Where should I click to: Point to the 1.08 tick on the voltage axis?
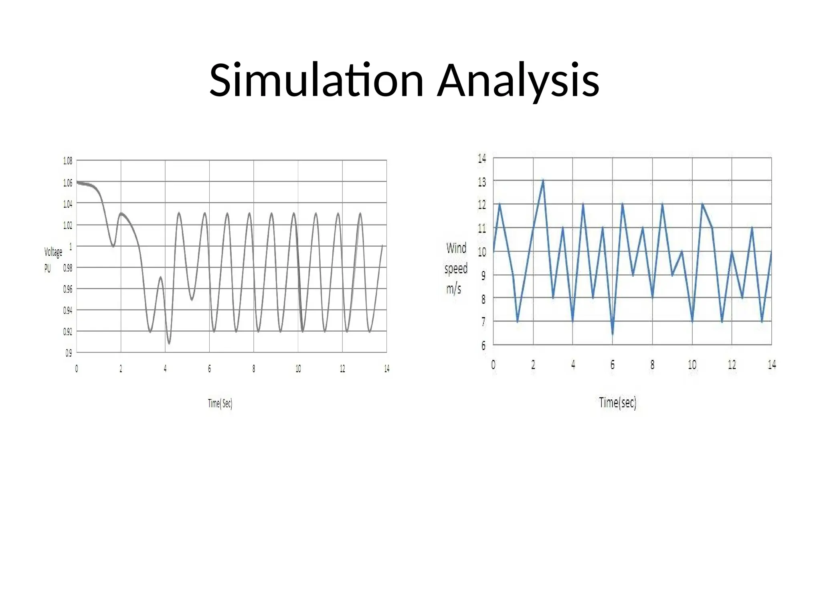[x=68, y=161]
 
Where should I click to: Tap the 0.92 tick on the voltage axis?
[x=68, y=332]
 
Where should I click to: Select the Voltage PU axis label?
[x=53, y=260]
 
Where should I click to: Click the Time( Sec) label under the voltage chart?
[x=220, y=403]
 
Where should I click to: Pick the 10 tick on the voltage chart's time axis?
[x=298, y=369]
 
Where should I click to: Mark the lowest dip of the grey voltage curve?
[x=169, y=344]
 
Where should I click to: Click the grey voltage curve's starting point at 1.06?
[x=77, y=182]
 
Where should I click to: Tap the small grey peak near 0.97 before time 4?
[x=160, y=277]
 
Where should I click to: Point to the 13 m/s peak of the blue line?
[x=543, y=180]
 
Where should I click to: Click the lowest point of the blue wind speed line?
[x=613, y=333]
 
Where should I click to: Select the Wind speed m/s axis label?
[x=456, y=268]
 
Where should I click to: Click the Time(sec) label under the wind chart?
[x=617, y=403]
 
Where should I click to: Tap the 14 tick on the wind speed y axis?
[x=482, y=158]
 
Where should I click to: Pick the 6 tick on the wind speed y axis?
[x=483, y=345]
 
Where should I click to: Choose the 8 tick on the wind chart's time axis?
[x=652, y=365]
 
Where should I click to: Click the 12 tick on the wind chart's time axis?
[x=732, y=365]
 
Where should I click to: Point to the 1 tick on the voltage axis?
[x=71, y=247]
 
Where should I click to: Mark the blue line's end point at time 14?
[x=771, y=252]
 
